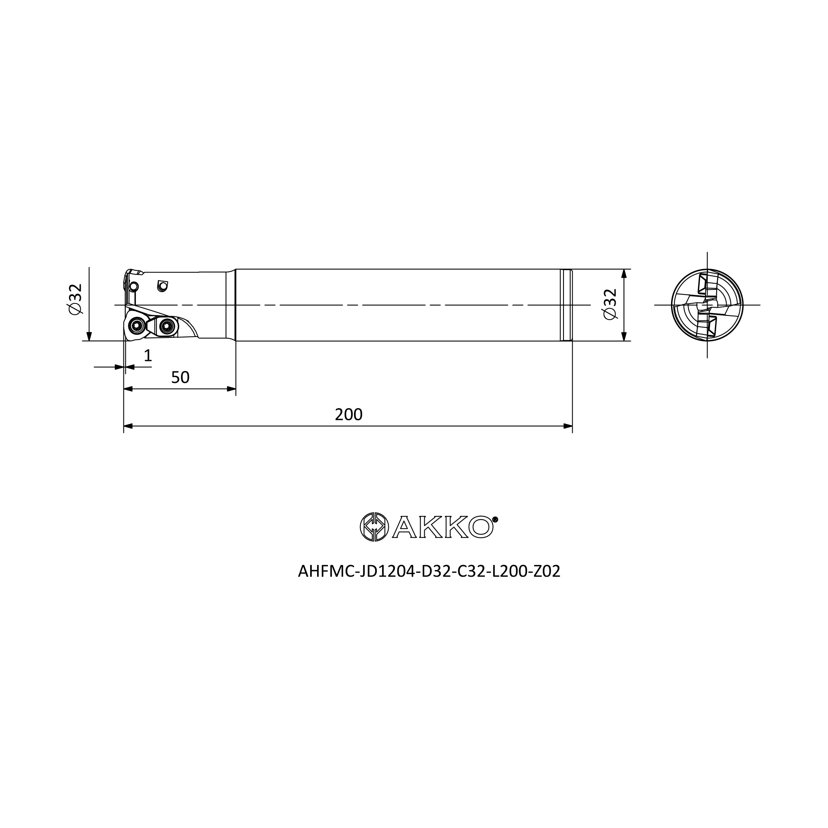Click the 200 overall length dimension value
(349, 414)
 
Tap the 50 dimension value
(180, 378)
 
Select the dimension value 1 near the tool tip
(148, 355)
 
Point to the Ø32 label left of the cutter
(75, 299)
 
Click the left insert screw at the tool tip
(137, 327)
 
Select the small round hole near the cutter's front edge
(134, 286)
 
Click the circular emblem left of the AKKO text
(374, 527)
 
